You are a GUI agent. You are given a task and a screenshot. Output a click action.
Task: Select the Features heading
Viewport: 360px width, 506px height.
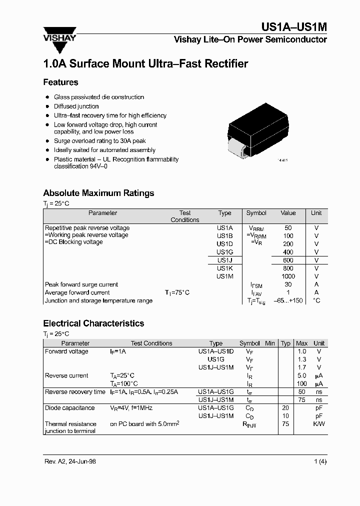coord(60,82)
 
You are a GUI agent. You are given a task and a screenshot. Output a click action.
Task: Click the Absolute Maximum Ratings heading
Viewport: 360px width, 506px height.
coord(98,193)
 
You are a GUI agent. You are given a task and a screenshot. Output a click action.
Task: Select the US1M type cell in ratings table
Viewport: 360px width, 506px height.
coord(224,276)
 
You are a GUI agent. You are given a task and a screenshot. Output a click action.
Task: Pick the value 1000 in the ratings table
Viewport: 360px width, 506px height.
coord(288,276)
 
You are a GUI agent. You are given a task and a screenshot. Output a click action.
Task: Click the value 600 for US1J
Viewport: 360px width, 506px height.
coord(288,260)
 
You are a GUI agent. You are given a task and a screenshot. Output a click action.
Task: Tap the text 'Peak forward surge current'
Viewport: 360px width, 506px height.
coord(81,284)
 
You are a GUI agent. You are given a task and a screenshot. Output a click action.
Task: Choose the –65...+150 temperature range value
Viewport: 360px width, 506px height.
coord(288,300)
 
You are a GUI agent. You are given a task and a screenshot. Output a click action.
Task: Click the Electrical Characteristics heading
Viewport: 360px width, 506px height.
coord(93,323)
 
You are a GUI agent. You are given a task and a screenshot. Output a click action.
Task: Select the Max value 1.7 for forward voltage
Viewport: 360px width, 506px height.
coord(301,367)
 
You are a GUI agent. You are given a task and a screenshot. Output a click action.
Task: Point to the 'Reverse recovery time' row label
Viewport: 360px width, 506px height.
coord(75,392)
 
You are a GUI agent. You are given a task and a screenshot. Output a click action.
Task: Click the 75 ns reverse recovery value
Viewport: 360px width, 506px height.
coord(301,400)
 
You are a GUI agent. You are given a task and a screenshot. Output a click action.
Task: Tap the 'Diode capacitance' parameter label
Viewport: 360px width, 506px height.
coord(69,408)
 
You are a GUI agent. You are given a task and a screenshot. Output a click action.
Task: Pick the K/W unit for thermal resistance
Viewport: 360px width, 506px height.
coord(318,424)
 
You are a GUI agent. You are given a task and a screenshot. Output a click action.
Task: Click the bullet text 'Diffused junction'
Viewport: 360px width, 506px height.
coord(76,106)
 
